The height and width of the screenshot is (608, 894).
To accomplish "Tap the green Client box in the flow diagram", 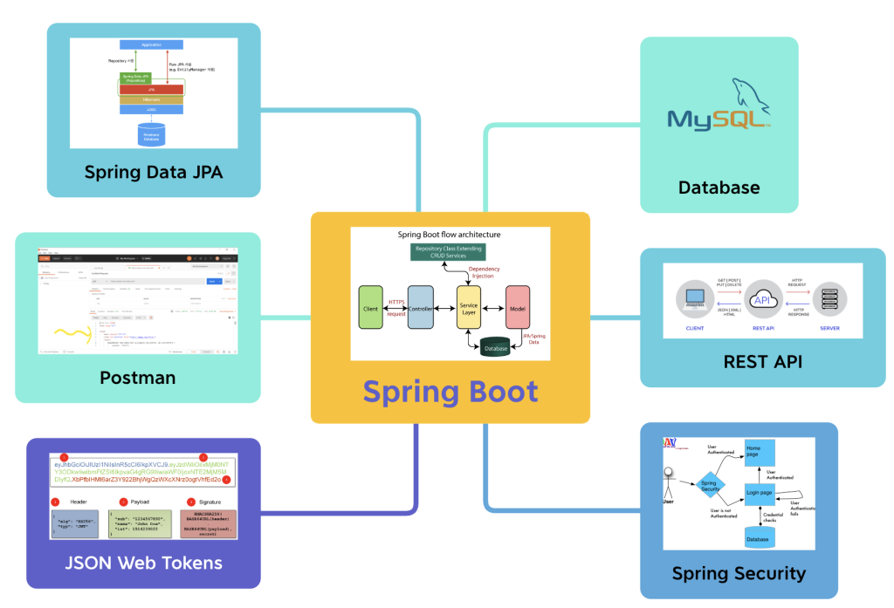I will pyautogui.click(x=370, y=307).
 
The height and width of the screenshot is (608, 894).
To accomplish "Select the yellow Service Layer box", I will pyautogui.click(x=469, y=307).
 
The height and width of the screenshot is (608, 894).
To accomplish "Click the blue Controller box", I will pyautogui.click(x=420, y=307).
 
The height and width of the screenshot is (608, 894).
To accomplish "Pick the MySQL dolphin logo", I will pyautogui.click(x=719, y=111).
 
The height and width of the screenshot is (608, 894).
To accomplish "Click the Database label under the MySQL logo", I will pyautogui.click(x=719, y=187).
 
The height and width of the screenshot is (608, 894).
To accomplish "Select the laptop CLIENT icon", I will pyautogui.click(x=695, y=299).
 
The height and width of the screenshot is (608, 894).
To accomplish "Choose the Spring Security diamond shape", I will pyautogui.click(x=710, y=486).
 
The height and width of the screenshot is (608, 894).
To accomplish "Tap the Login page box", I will pyautogui.click(x=758, y=493).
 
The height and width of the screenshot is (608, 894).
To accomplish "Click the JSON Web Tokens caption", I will pyautogui.click(x=143, y=562).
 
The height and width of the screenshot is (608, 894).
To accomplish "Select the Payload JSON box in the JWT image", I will pyautogui.click(x=142, y=526).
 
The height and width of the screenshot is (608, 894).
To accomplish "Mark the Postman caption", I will pyautogui.click(x=138, y=378).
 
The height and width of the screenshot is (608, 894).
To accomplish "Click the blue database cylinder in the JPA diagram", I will pyautogui.click(x=151, y=136).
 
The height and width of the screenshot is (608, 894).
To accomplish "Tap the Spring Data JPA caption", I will pyautogui.click(x=153, y=172).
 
